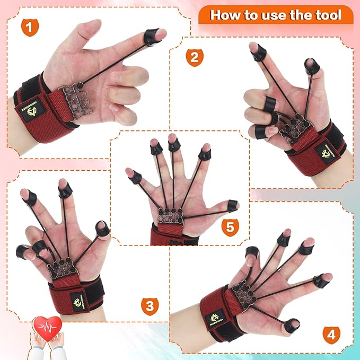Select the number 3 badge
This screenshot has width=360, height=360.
tap(150, 305)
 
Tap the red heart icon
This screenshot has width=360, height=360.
tap(47, 326)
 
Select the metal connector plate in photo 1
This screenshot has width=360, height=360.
tap(73, 96)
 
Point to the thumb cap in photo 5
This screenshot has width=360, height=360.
tap(232, 204)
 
